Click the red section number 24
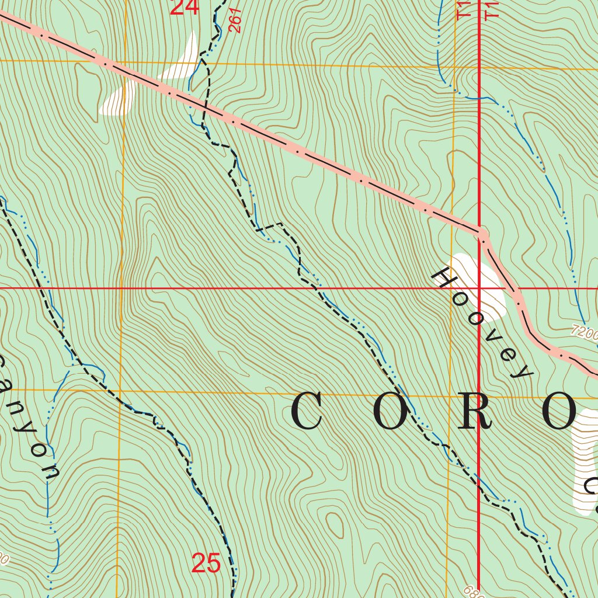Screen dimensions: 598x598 coord(185,8)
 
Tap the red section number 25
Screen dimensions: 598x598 coord(206,564)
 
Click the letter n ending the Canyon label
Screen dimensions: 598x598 coord(51,472)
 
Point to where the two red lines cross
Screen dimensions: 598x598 coord(479,288)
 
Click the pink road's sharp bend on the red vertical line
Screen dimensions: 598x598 coord(482,234)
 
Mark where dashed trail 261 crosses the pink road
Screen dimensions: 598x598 coord(206,107)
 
